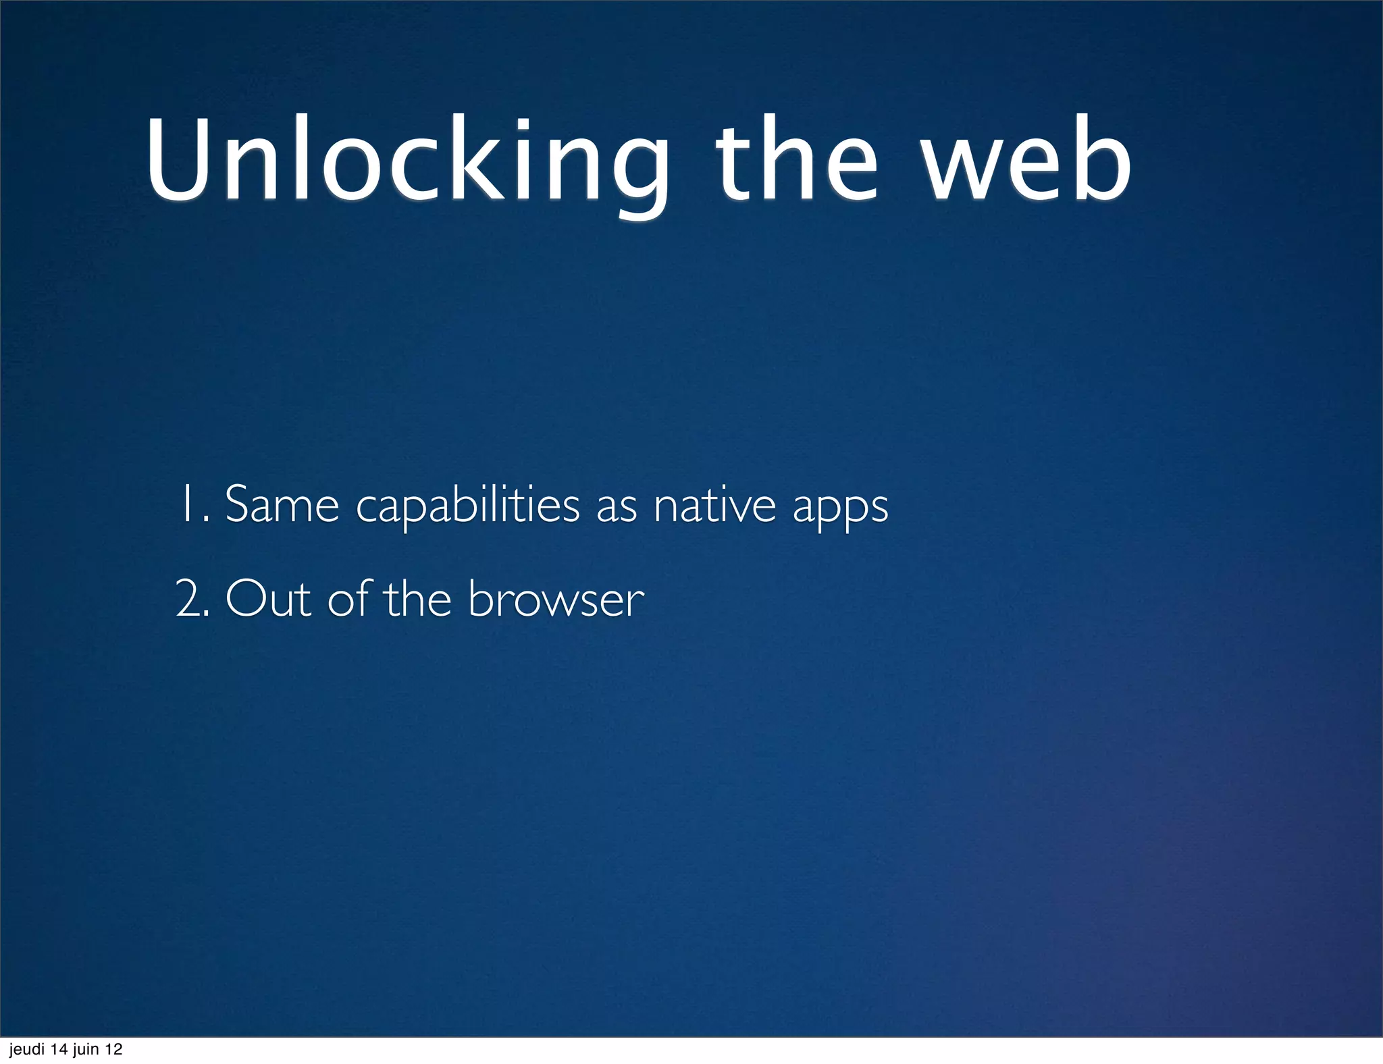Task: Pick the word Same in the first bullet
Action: (x=282, y=504)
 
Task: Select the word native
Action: (x=714, y=504)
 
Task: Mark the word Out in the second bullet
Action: (x=267, y=599)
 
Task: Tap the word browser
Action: (x=556, y=599)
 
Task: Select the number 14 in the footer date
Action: (x=60, y=1050)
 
